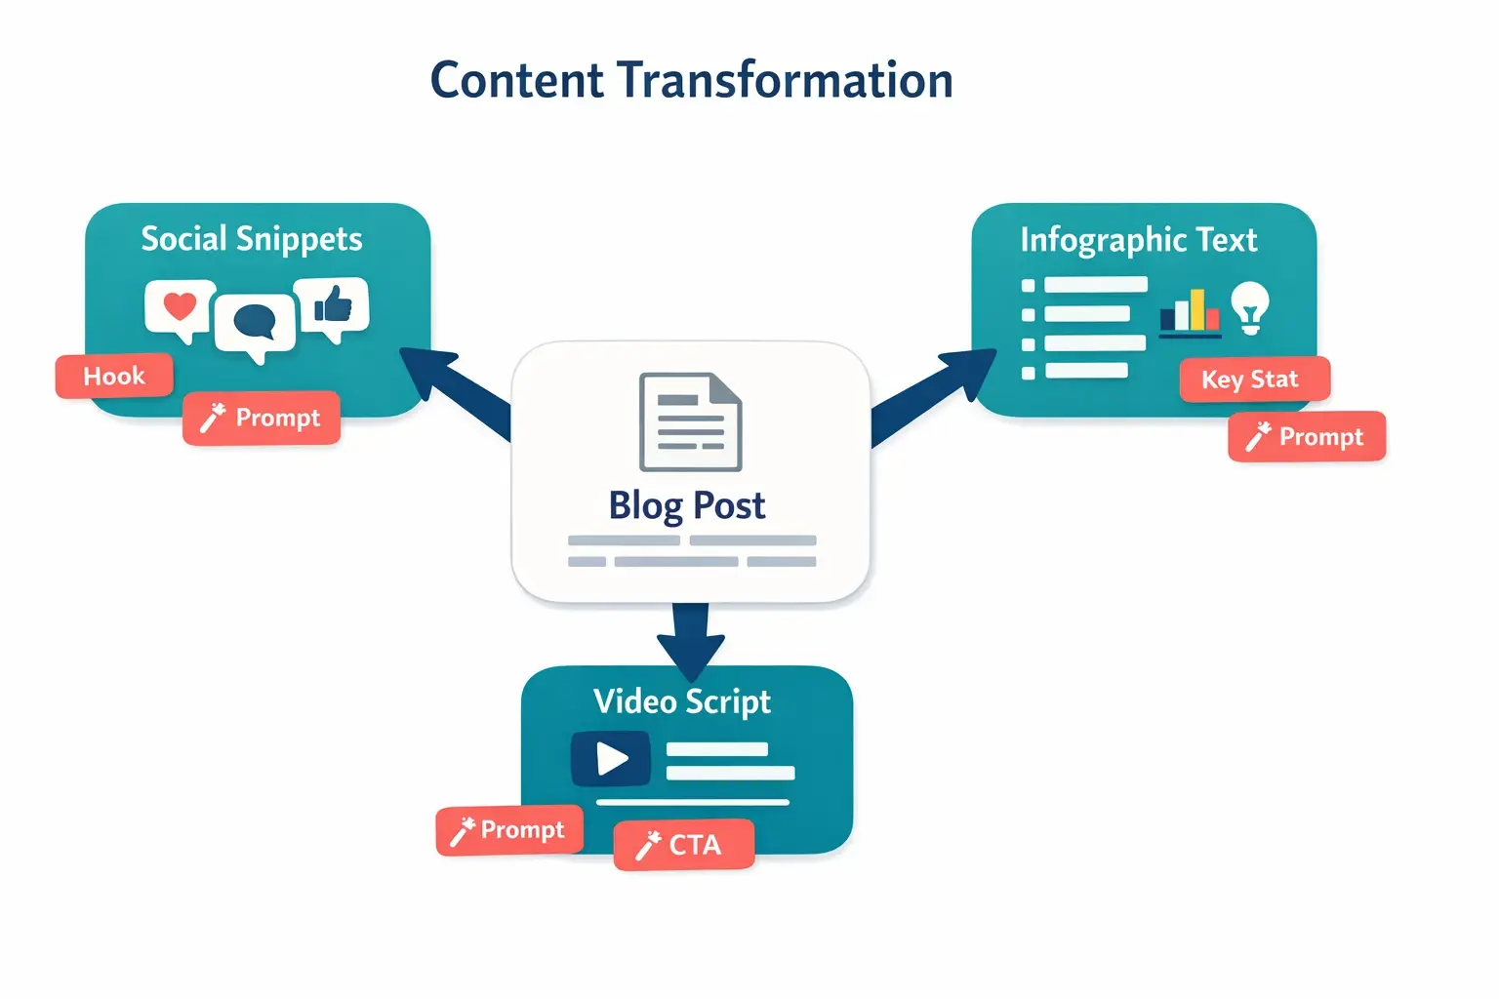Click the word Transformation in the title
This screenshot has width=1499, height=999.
pyautogui.click(x=785, y=80)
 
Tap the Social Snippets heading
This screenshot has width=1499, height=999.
pyautogui.click(x=252, y=239)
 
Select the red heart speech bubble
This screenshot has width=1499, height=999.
pyautogui.click(x=180, y=308)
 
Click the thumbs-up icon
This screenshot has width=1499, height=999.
pyautogui.click(x=333, y=305)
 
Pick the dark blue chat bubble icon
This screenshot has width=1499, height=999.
pyautogui.click(x=256, y=323)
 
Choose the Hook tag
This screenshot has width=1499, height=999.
pyautogui.click(x=114, y=377)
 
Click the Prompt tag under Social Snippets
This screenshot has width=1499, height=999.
pyautogui.click(x=262, y=419)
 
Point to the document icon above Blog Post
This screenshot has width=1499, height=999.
pyautogui.click(x=690, y=421)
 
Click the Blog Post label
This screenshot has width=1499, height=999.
pyautogui.click(x=687, y=505)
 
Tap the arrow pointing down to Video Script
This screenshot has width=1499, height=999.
pyautogui.click(x=691, y=639)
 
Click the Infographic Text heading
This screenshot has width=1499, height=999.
pyautogui.click(x=1139, y=240)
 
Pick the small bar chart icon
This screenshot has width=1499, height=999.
pyautogui.click(x=1190, y=312)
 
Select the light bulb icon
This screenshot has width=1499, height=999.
pyautogui.click(x=1250, y=307)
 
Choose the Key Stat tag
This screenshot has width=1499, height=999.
pyautogui.click(x=1254, y=380)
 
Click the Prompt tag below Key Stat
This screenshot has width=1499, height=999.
pyautogui.click(x=1307, y=437)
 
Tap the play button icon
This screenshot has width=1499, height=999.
pyautogui.click(x=611, y=758)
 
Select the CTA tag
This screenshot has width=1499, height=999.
pyautogui.click(x=684, y=845)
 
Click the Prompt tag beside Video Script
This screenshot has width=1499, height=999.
pyautogui.click(x=508, y=830)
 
